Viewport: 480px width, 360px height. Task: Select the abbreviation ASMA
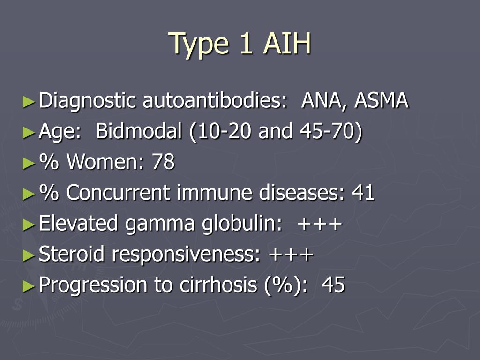click(x=382, y=101)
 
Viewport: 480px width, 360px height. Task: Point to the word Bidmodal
click(x=139, y=132)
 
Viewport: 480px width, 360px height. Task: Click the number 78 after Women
click(x=164, y=162)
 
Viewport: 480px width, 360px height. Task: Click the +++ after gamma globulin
click(x=319, y=224)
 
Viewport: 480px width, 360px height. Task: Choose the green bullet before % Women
click(x=29, y=163)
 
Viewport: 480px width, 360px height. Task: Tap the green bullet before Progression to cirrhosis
click(x=29, y=285)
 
